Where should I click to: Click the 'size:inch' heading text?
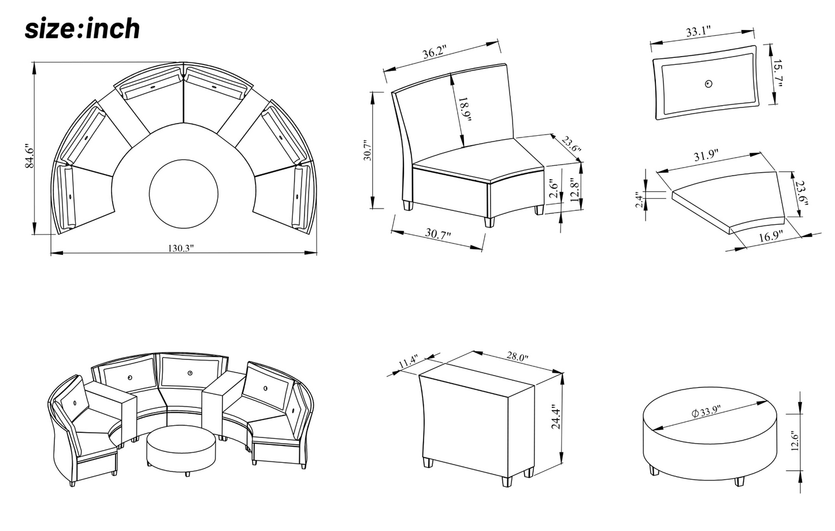pyautogui.click(x=81, y=29)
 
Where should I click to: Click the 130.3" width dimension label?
pyautogui.click(x=181, y=248)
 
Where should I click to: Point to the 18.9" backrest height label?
pyautogui.click(x=465, y=110)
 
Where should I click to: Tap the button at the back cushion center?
pyautogui.click(x=708, y=84)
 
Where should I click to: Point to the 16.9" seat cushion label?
pyautogui.click(x=770, y=236)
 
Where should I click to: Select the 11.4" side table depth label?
pyautogui.click(x=407, y=362)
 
